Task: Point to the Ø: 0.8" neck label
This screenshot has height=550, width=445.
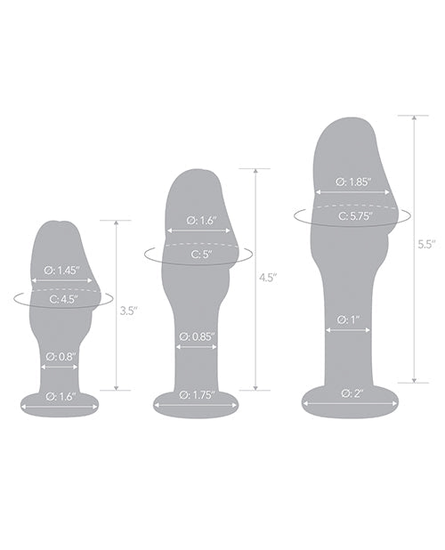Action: tap(61, 356)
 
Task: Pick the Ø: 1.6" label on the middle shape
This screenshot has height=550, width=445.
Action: tap(198, 219)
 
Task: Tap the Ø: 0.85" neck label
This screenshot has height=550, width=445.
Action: tap(198, 337)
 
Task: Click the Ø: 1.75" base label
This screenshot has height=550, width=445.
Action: tap(198, 394)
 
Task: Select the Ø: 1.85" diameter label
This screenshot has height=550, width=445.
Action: tap(352, 181)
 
